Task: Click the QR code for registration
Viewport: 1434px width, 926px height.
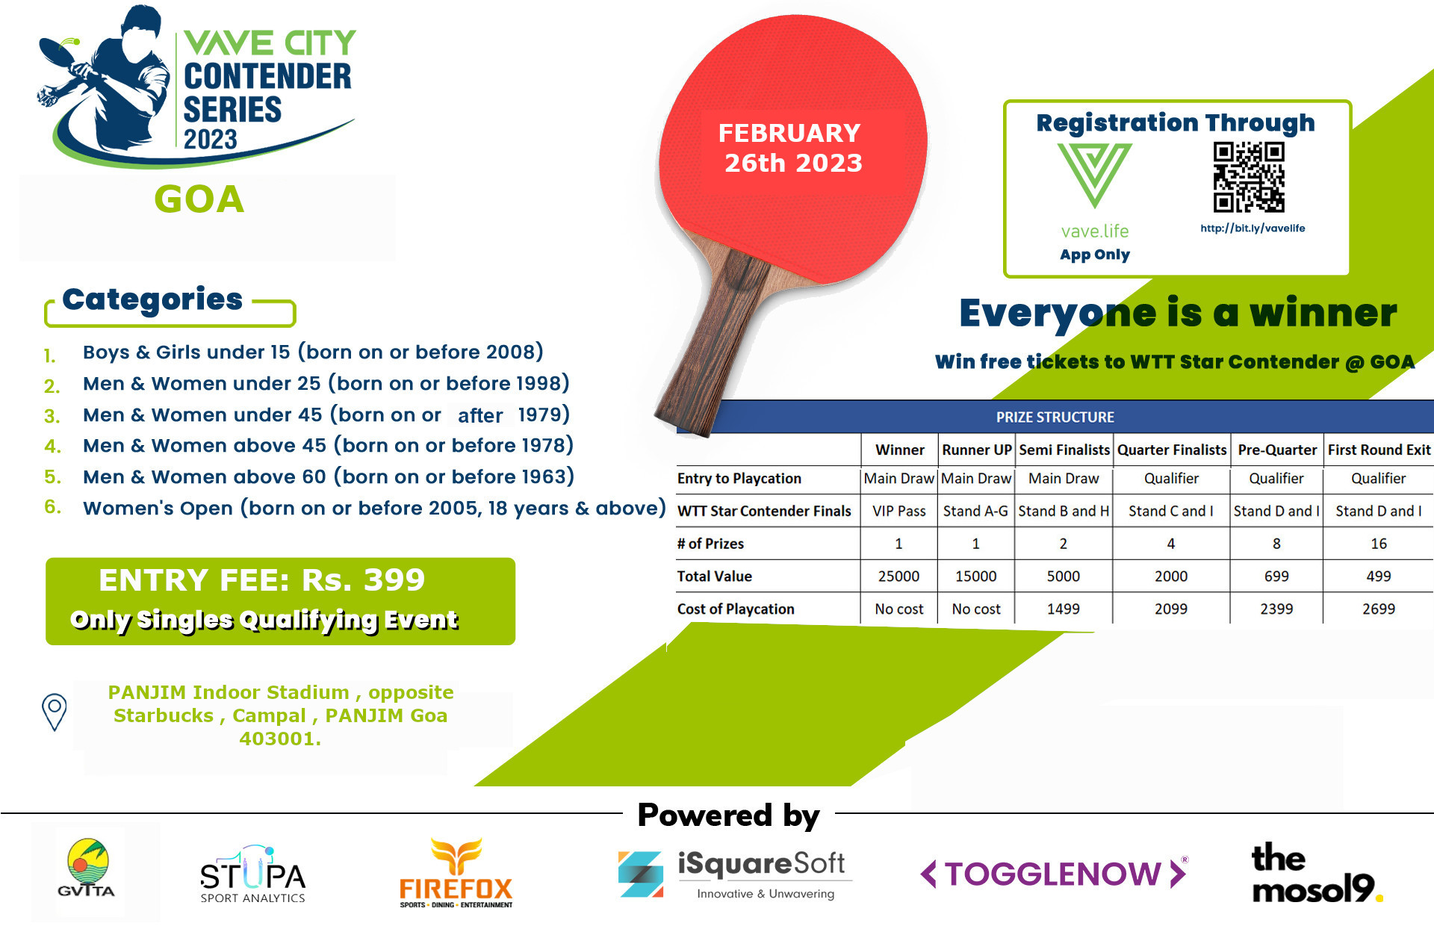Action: click(1249, 177)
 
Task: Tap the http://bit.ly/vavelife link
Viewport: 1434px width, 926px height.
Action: click(1253, 229)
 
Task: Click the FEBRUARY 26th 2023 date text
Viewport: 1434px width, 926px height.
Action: click(792, 148)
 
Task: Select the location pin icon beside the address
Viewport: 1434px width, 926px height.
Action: click(54, 712)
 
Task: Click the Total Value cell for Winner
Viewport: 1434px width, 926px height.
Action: click(898, 577)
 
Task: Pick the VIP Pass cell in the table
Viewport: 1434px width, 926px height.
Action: click(899, 512)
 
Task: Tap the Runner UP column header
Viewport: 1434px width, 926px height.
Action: click(976, 450)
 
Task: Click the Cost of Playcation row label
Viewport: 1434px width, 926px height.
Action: click(736, 609)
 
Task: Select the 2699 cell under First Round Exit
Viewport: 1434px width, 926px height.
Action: click(1378, 609)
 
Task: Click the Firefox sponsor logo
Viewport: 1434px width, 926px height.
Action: click(456, 873)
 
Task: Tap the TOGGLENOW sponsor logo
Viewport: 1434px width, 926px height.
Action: click(1054, 873)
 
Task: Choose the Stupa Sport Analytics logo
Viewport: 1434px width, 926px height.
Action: click(252, 874)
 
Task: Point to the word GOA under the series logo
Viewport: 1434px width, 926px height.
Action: click(199, 199)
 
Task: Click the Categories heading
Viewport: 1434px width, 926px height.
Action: click(152, 299)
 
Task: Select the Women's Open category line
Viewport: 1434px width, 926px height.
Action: click(374, 509)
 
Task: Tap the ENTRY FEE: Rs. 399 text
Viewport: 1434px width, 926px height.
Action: click(261, 580)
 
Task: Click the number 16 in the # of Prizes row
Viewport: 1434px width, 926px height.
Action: click(1379, 544)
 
